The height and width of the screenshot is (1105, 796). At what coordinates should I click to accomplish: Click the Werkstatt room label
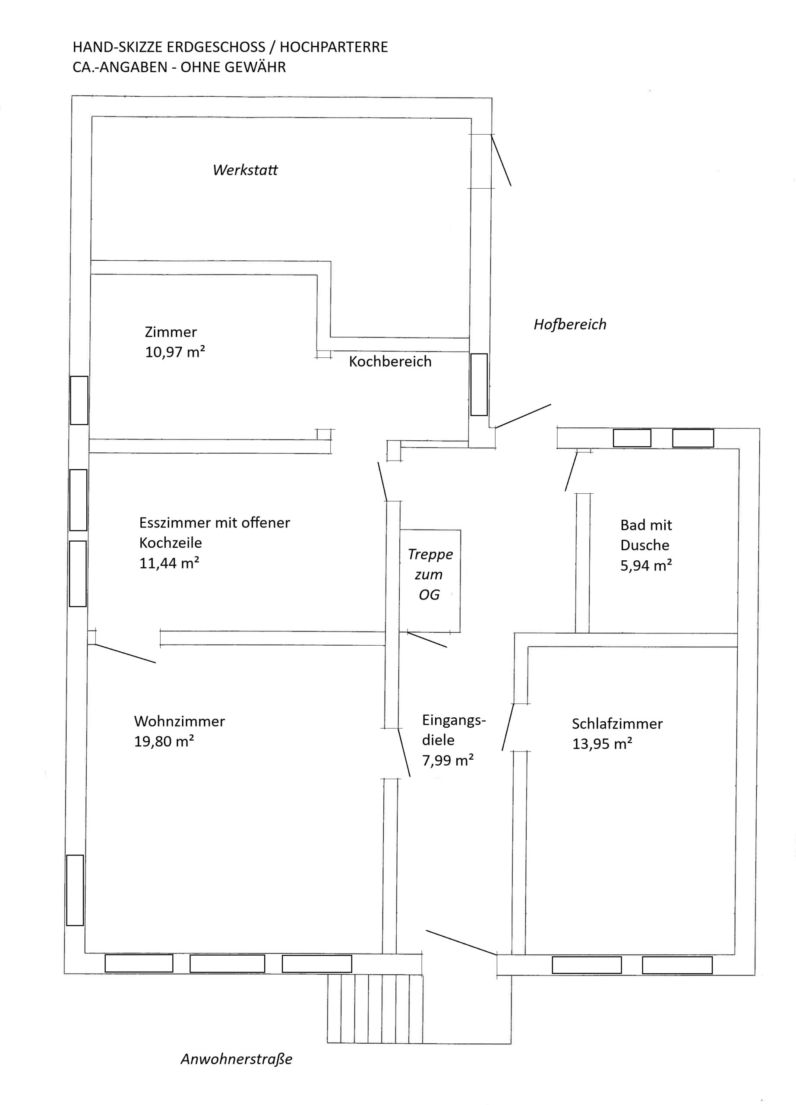245,170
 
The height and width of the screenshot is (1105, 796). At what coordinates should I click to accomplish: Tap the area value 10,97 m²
175,352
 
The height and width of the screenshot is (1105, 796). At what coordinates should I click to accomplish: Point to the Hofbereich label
570,325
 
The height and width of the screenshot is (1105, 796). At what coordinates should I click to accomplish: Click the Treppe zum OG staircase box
430,581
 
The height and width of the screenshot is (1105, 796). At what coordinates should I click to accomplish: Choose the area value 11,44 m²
169,563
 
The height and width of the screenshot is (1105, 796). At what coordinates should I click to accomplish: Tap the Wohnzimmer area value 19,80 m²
164,741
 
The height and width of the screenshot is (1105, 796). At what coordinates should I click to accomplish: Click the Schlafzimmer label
617,723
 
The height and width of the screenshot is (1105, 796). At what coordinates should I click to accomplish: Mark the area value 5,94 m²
646,565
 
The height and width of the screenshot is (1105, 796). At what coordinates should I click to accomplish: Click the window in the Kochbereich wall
479,385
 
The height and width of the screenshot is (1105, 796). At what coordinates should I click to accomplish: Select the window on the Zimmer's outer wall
79,400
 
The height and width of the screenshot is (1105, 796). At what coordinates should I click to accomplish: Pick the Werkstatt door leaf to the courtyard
501,160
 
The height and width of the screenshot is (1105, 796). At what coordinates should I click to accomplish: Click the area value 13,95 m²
602,743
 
